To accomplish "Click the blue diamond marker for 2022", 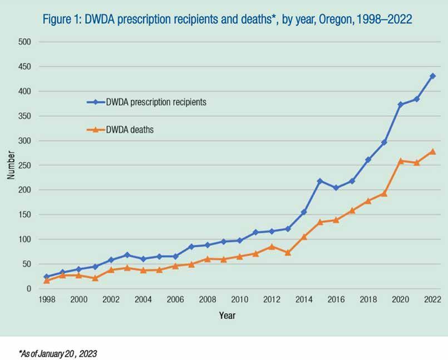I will pos(433,76).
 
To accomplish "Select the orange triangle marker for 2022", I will pos(433,151).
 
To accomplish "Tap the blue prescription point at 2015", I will pos(320,181).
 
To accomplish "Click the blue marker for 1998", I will pos(46,277).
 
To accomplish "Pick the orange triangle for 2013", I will pos(288,253).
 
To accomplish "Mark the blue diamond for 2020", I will pos(401,105).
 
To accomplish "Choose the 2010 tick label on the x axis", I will pos(239,299).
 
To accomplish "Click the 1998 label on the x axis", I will pos(46,299).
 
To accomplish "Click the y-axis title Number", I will pos(11,165).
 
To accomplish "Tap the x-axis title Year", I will pos(227,315).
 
